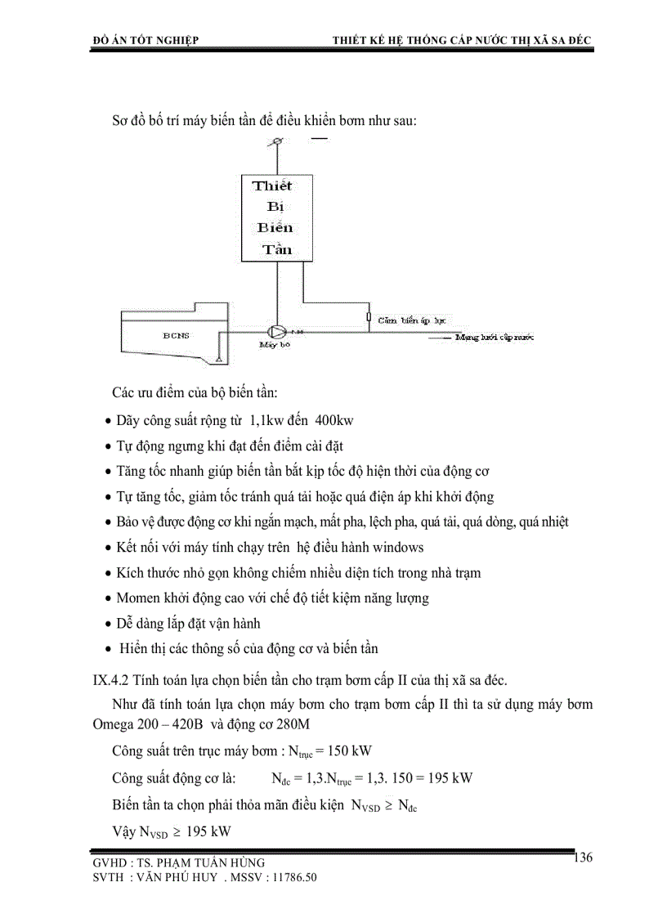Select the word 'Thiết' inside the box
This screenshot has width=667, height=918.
point(272,186)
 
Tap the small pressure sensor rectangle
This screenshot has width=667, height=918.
point(369,318)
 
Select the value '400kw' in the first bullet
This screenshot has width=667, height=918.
point(333,420)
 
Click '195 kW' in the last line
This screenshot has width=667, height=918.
point(208,831)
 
